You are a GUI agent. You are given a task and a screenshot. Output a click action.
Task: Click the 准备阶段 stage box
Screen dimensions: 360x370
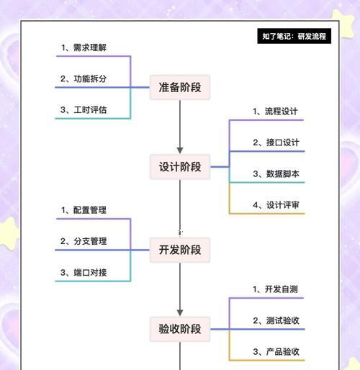click(x=180, y=87)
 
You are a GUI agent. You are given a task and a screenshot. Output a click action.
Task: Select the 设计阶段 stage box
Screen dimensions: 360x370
click(x=180, y=167)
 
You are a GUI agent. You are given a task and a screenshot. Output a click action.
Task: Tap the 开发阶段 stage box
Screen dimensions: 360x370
click(x=180, y=250)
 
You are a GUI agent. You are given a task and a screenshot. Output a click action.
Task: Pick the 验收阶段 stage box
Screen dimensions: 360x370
click(x=180, y=329)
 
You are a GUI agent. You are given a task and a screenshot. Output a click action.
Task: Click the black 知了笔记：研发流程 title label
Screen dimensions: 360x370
click(x=294, y=36)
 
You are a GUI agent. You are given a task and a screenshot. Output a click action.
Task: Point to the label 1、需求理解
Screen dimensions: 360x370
click(x=84, y=48)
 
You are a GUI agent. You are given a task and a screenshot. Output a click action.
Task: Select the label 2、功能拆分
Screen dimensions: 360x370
click(x=84, y=78)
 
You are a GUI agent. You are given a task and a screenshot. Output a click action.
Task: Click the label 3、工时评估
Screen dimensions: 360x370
click(x=84, y=110)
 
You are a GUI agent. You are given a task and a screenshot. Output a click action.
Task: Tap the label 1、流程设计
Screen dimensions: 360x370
click(x=275, y=112)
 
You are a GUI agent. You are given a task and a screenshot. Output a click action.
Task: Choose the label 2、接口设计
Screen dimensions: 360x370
click(x=276, y=143)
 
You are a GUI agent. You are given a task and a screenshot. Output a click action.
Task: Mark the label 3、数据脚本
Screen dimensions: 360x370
click(x=276, y=173)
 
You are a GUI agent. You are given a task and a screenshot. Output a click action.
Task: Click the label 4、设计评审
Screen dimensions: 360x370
click(x=276, y=205)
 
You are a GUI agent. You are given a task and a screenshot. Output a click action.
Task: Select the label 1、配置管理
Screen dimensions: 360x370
click(x=84, y=210)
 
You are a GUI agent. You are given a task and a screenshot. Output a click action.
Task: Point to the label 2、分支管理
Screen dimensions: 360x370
click(x=84, y=241)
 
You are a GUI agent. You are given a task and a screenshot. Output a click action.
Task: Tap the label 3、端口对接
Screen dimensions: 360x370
click(x=84, y=273)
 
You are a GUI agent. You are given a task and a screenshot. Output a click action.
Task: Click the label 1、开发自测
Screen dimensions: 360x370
click(x=275, y=289)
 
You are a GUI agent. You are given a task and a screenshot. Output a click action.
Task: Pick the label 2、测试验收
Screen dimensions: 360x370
click(x=276, y=320)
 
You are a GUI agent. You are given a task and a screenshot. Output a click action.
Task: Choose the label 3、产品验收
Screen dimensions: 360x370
click(x=276, y=352)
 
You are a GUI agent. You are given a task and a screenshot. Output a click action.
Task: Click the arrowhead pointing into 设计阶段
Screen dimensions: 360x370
click(x=180, y=150)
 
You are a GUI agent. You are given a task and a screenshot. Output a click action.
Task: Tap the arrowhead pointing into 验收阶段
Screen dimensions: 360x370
click(x=180, y=313)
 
